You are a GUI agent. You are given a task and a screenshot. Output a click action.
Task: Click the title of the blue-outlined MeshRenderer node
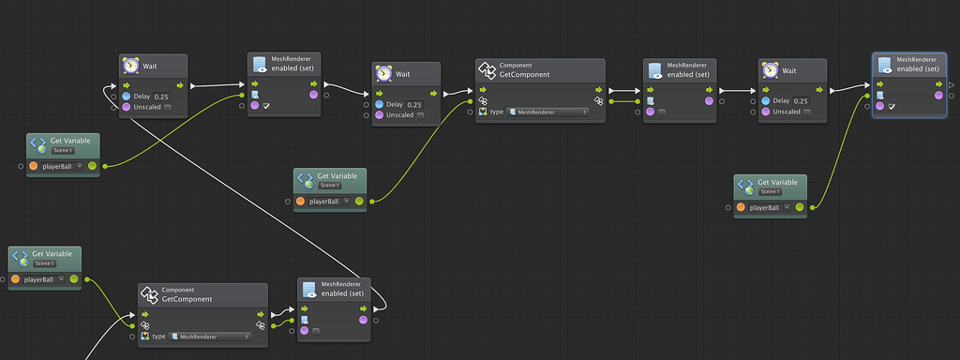[x=917, y=68]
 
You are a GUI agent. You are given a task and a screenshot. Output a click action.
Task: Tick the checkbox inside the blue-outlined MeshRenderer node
[x=892, y=106]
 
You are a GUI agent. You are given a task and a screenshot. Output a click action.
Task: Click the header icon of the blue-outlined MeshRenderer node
[x=884, y=64]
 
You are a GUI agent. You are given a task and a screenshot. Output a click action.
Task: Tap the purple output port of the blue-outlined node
[x=938, y=95]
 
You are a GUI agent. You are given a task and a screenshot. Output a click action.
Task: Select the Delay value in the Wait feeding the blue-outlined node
[x=801, y=101]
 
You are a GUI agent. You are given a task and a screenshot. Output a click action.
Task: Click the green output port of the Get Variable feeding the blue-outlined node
[x=800, y=207]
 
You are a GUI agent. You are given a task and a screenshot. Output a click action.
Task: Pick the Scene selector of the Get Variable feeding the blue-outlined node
[x=772, y=191]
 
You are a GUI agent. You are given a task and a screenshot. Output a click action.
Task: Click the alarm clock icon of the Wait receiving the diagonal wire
[x=130, y=66]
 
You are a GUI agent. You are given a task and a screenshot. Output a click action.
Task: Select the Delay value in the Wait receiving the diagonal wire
[x=161, y=97]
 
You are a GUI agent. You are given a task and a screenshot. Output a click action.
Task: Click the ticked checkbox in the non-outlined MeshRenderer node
[x=267, y=106]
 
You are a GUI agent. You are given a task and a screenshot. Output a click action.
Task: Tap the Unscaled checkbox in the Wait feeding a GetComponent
[x=420, y=115]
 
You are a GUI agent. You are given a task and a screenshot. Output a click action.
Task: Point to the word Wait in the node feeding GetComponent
[x=403, y=73]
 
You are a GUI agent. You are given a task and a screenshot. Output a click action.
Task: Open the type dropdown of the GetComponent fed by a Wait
[x=547, y=112]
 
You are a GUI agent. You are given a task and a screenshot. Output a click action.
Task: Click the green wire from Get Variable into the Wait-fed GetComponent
[x=422, y=150]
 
